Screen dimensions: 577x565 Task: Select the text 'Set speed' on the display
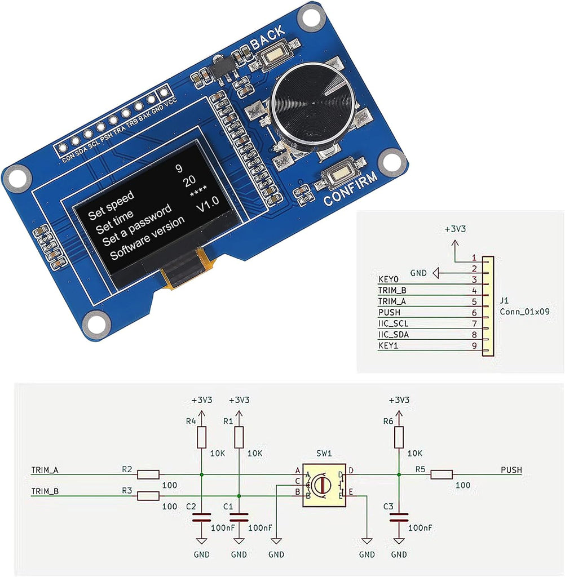click(111, 205)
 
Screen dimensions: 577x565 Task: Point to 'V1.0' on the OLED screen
click(207, 206)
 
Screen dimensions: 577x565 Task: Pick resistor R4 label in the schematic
click(191, 421)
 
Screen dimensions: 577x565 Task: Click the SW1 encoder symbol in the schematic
click(324, 485)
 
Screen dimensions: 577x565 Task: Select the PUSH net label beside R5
click(511, 469)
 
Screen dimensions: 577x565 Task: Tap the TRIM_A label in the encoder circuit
click(45, 469)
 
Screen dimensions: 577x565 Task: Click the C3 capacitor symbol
click(399, 517)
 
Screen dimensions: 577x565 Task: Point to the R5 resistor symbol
click(442, 474)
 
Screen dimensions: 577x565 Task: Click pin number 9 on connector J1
click(474, 345)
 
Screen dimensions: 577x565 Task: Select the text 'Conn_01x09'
click(525, 311)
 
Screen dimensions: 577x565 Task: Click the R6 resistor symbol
click(399, 437)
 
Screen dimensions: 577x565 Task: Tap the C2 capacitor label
click(190, 507)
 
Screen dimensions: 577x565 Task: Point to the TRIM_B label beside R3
click(45, 491)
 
